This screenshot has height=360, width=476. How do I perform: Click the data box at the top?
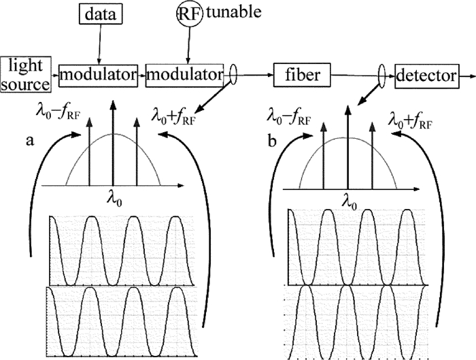pyautogui.click(x=99, y=13)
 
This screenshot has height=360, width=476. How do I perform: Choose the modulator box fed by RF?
pyautogui.click(x=185, y=74)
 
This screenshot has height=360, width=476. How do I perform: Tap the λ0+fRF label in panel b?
pyautogui.click(x=411, y=123)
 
